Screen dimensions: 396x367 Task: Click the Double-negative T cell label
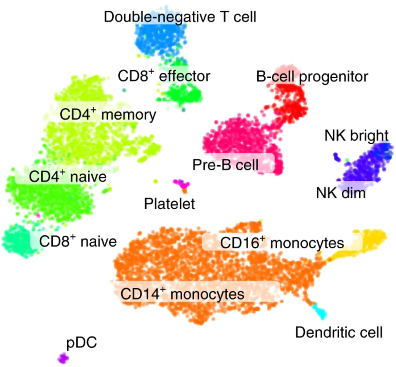[x=180, y=17]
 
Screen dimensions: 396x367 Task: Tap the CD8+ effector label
[x=164, y=76]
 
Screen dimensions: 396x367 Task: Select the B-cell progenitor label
[x=312, y=77]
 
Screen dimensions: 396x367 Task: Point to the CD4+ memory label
[x=108, y=115]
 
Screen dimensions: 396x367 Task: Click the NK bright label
[x=356, y=136]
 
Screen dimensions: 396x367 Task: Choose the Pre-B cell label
[x=225, y=165]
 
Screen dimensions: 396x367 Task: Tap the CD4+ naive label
[x=68, y=177]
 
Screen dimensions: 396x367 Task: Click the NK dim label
[x=341, y=193]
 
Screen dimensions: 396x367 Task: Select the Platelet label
[x=169, y=204]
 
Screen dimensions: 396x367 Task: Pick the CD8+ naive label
[x=78, y=241]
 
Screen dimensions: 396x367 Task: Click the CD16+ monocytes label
[x=282, y=243]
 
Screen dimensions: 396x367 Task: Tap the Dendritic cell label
[x=339, y=332]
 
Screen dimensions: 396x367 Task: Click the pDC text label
[x=81, y=343]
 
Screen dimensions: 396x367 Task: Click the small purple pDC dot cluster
[x=63, y=358]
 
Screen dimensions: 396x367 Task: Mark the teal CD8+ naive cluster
[x=16, y=241]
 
